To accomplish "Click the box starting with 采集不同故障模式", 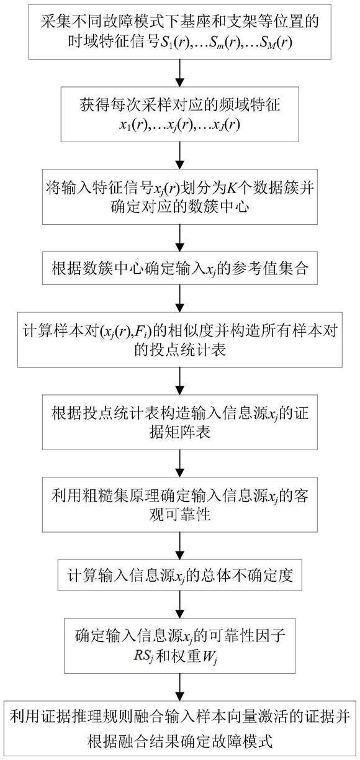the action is (x=180, y=32).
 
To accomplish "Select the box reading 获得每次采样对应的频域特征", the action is (x=180, y=114).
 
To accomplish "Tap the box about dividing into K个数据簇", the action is (x=180, y=197).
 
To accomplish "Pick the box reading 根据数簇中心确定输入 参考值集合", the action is (x=180, y=268).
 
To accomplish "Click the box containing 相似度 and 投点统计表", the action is (x=180, y=340).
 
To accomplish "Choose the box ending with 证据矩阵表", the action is (x=180, y=422).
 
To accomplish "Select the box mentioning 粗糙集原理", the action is (x=180, y=505).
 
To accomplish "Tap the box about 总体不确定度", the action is (x=180, y=576).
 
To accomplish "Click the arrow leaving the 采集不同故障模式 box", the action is (x=180, y=73).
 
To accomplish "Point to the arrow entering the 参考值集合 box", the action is (x=180, y=238).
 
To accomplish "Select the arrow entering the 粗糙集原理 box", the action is (x=180, y=463).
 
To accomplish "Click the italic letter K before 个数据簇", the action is (x=232, y=188).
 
